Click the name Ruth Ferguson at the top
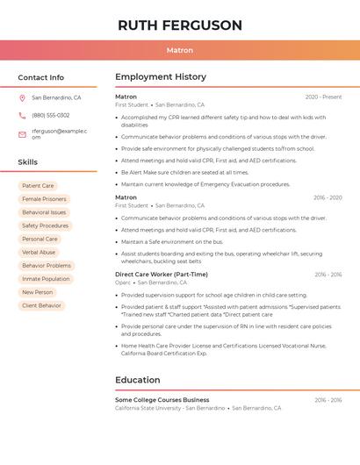point(180,25)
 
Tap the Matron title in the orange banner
point(180,51)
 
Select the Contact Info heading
point(41,77)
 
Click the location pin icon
point(22,98)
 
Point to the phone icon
point(22,115)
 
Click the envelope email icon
point(22,134)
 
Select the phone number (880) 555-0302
point(51,115)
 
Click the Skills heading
point(28,162)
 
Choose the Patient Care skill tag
point(38,186)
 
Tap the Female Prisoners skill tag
point(44,199)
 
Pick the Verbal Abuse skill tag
point(39,252)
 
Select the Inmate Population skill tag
point(46,279)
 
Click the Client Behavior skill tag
point(42,305)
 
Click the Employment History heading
point(161,77)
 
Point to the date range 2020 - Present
point(323,97)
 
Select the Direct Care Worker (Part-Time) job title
point(162,275)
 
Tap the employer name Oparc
point(123,283)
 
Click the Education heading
point(137,380)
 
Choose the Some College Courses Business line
point(162,400)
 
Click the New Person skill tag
point(38,292)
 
